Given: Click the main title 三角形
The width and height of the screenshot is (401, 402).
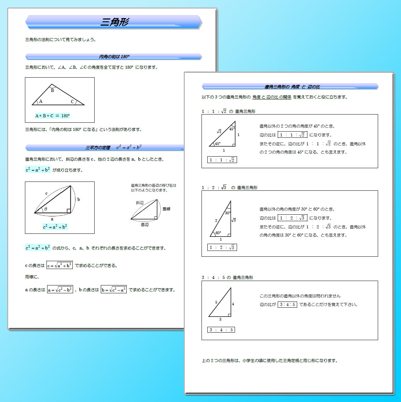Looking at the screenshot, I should coord(114,22).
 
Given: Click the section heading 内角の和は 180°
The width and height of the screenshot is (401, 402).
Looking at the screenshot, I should coord(114,57).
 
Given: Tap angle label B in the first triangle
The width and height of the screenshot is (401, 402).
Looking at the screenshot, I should coord(52,91).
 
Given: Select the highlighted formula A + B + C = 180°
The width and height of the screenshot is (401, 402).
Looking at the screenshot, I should coord(52,116).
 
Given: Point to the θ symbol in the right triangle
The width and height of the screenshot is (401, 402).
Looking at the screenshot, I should coord(46,209).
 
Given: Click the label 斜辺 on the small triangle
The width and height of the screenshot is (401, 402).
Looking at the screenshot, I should coord(140,203).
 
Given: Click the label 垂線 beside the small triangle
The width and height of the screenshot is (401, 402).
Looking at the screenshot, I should coord(166,209).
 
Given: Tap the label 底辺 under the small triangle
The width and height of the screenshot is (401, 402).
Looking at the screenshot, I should coord(145,225).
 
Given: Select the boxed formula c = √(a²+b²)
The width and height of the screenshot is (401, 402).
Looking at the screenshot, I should coord(60,265).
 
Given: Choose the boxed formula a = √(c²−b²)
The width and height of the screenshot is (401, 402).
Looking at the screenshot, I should coord(60,290).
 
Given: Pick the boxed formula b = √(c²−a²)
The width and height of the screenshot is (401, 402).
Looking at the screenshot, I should coord(114,290).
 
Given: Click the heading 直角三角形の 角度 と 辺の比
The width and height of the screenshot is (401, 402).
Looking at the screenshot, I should coord(292,87).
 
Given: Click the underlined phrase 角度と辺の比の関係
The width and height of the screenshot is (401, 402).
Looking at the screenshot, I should coord(272,97).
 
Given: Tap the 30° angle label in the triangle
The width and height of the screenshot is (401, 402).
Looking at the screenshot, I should coord(227,213).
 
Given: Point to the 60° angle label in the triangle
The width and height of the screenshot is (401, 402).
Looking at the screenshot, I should coord(218,233).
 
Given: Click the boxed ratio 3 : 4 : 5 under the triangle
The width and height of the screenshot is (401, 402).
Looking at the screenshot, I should coord(221,330).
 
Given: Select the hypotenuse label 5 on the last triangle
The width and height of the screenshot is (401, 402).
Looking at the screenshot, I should coord(216,302).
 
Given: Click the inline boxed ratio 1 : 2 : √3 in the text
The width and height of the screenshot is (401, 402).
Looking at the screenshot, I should coord(292,218).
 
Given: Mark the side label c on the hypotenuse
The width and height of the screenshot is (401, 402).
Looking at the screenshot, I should coord(46,194).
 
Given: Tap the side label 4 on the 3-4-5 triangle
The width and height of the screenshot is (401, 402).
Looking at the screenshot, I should coord(233,304).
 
